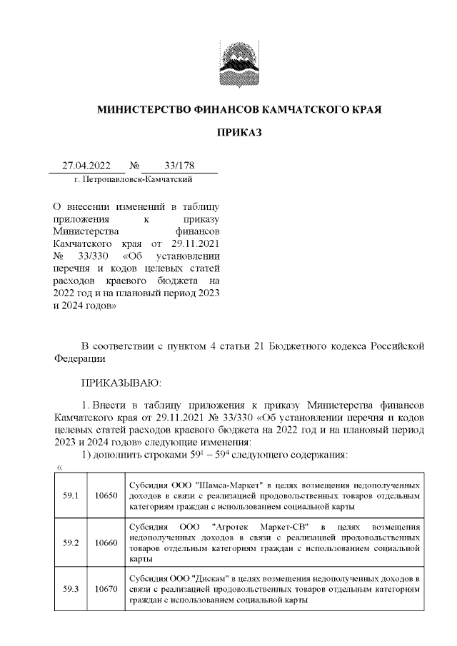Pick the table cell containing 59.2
point(71,542)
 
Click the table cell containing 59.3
point(71,589)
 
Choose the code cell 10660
point(106,542)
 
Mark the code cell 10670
point(106,589)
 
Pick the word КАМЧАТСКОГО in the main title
point(304,111)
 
